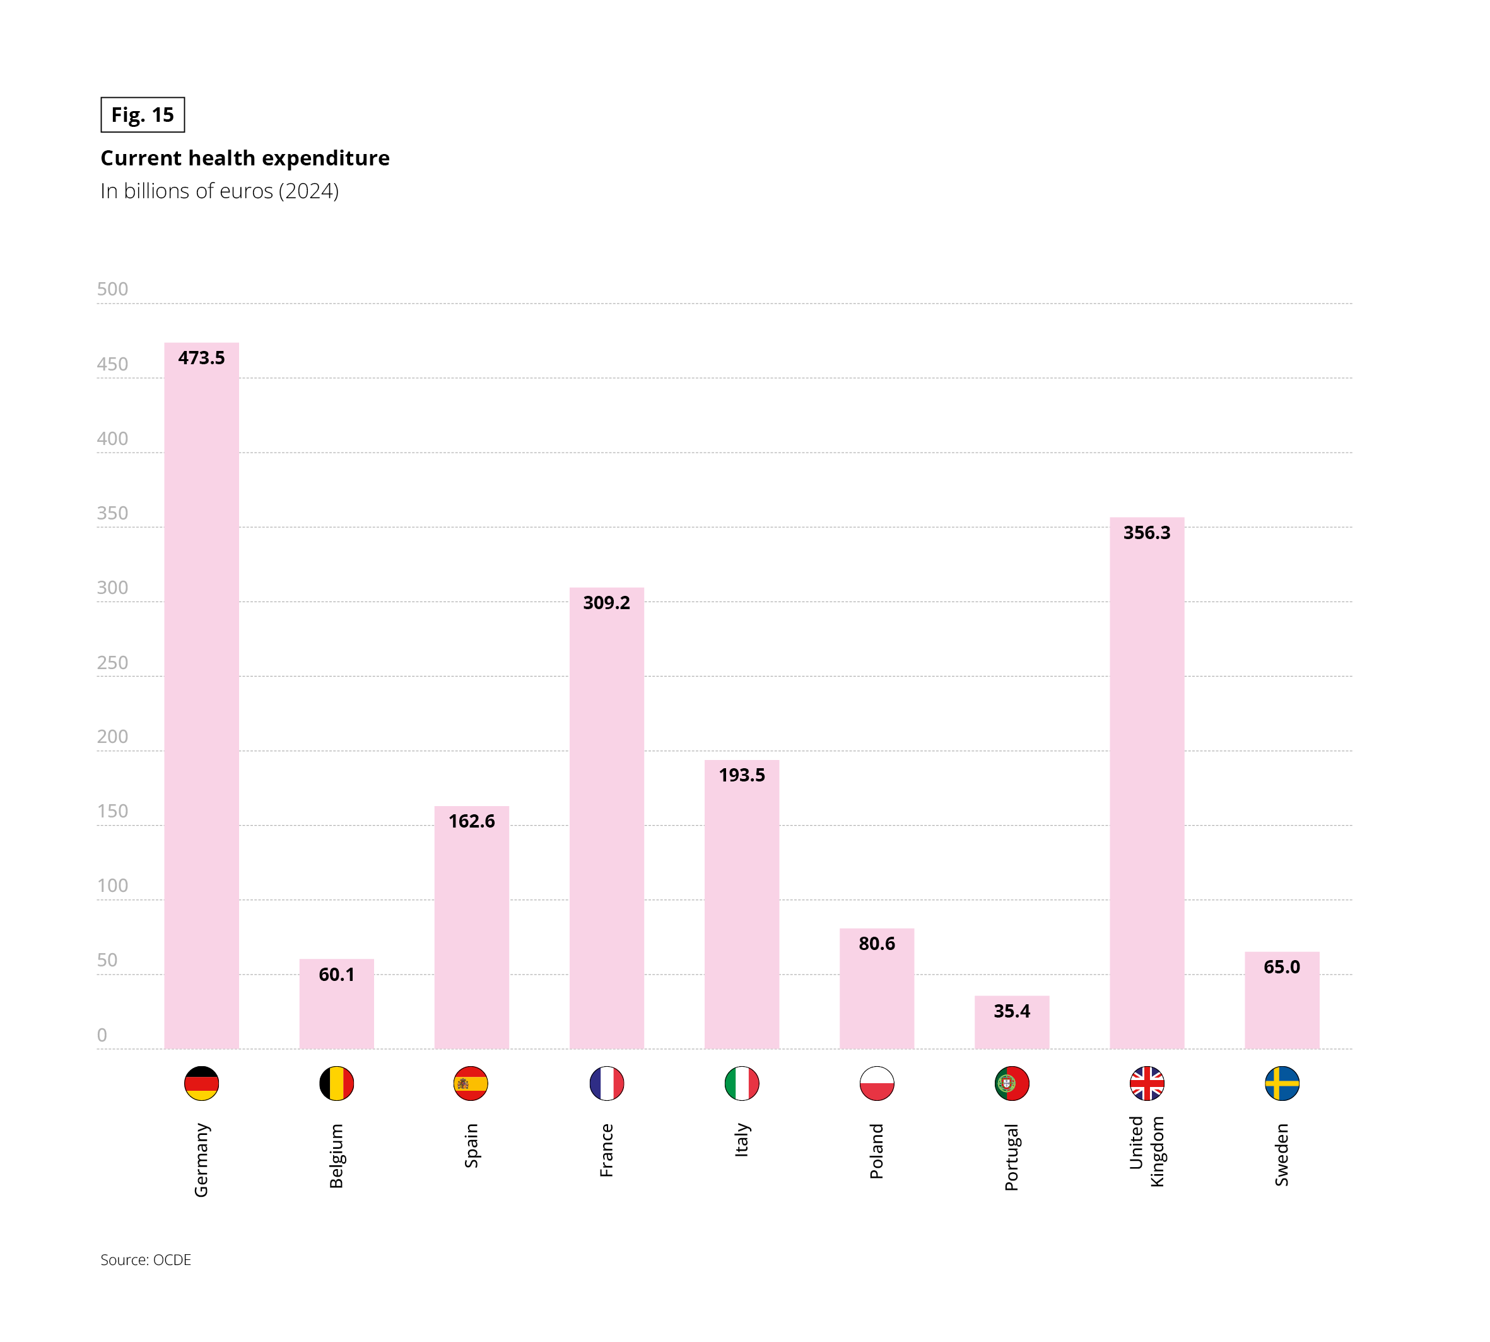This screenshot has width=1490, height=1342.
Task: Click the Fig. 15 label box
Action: (x=142, y=115)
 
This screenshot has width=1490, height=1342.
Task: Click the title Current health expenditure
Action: (x=245, y=158)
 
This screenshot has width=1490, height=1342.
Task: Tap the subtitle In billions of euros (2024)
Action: (x=220, y=191)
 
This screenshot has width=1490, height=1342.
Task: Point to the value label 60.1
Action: (x=336, y=974)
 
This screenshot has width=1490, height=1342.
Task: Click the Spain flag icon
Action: (x=471, y=1083)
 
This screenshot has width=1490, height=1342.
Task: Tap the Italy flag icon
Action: (x=741, y=1083)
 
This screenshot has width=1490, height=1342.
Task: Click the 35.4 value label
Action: (x=1011, y=1011)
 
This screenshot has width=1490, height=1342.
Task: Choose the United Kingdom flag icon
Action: (x=1147, y=1083)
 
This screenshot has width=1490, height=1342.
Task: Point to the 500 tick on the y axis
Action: (x=112, y=289)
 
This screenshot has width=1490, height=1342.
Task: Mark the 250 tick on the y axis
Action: (x=112, y=662)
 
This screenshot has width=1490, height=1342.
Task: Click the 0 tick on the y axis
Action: (x=102, y=1035)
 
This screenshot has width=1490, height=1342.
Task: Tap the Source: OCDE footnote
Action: (x=146, y=1259)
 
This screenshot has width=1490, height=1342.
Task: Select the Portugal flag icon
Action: (x=1011, y=1083)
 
